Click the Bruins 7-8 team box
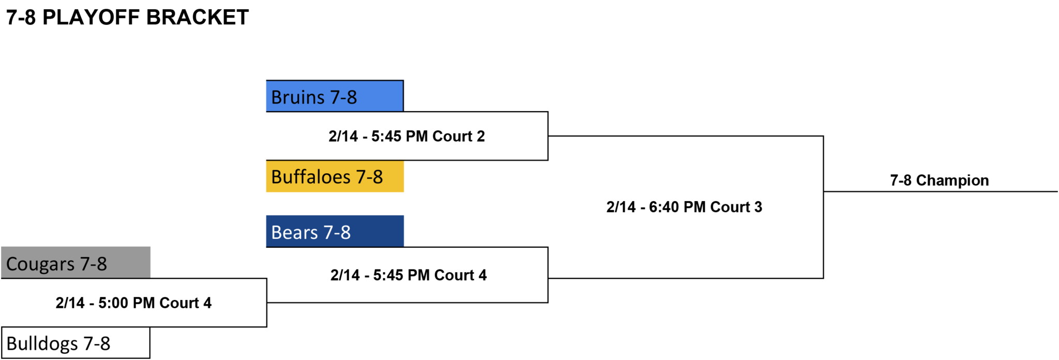tap(335, 96)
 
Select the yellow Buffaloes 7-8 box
tap(335, 176)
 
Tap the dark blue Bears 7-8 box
tap(335, 231)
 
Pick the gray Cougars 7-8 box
tap(75, 263)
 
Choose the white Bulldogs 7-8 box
tap(75, 342)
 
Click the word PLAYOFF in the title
tap(91, 18)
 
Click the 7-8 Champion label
tap(939, 180)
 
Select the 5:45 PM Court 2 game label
tap(406, 136)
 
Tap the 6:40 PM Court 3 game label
tap(684, 207)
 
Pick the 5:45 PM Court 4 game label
tap(409, 275)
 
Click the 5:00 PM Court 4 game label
tap(133, 303)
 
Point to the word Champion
tap(952, 180)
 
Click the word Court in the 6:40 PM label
tap(730, 207)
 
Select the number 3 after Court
tap(758, 207)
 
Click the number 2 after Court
tap(481, 136)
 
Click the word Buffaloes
tap(311, 176)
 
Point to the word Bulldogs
tap(42, 343)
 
